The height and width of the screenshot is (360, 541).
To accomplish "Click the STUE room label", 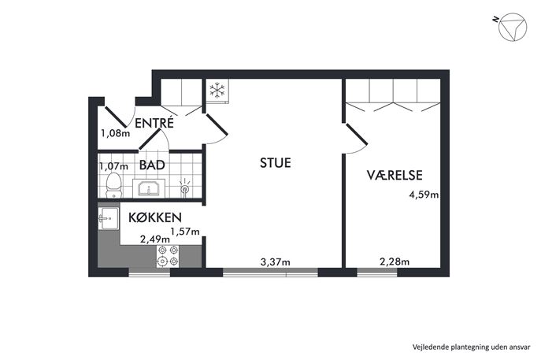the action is click(276, 163).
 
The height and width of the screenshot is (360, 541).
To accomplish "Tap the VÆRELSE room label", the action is click(395, 176).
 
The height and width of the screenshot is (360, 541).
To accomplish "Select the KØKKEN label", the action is click(155, 217).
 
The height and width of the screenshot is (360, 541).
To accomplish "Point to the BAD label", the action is click(152, 165).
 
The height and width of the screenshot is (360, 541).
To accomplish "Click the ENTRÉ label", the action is click(154, 123).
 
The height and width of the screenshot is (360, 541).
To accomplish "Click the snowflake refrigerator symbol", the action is click(217, 90).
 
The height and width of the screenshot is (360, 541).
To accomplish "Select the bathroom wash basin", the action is click(149, 188).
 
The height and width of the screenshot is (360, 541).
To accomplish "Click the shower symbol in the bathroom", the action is click(185, 188).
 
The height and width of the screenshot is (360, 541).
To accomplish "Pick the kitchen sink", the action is click(109, 218).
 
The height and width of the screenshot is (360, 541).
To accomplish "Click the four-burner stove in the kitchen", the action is click(168, 256).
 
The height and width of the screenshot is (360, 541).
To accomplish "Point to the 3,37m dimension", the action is click(275, 262).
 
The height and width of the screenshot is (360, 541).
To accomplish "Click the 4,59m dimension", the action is click(424, 195).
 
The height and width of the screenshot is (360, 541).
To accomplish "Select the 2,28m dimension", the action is click(395, 262).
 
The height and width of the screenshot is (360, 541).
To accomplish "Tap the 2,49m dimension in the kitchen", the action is click(155, 239).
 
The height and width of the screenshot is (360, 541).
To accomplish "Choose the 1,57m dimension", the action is click(185, 232).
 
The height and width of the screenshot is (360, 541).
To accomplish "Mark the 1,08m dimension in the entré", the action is click(115, 133).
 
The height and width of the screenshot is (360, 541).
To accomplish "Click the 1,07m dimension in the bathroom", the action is click(113, 167).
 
